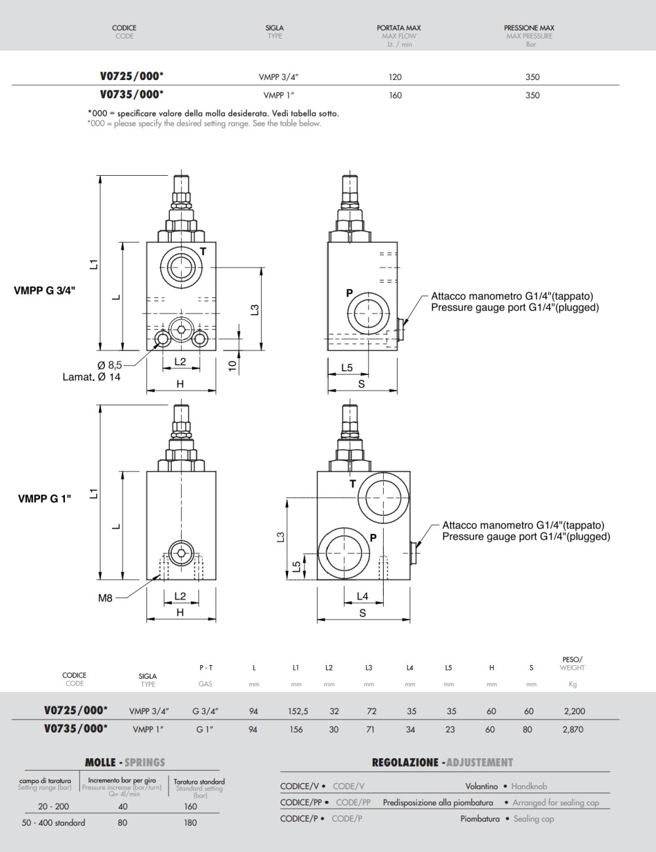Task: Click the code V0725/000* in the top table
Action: (132, 76)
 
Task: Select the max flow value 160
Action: (395, 95)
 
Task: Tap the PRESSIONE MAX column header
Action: (529, 28)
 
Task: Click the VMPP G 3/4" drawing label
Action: (45, 290)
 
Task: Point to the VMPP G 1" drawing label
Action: (45, 498)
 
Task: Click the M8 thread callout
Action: (105, 598)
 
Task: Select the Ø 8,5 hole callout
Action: (110, 365)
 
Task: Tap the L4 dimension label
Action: (362, 596)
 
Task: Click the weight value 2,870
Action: (573, 729)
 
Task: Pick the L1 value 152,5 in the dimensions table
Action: (298, 711)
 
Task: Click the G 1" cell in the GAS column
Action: (205, 729)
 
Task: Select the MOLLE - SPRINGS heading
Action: (125, 762)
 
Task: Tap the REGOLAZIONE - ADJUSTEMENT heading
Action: (442, 762)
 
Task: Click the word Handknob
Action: (529, 786)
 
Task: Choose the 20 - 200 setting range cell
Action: (53, 806)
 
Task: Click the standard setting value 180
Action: (190, 822)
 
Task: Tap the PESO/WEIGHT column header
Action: (572, 664)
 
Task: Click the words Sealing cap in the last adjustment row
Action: (533, 819)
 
